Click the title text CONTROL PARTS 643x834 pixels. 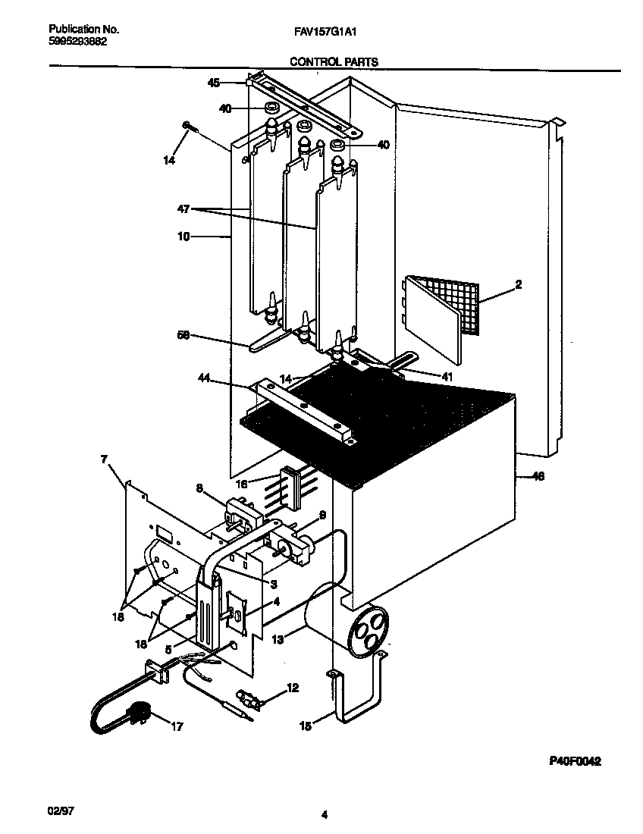click(334, 62)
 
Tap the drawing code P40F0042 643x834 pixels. click(575, 762)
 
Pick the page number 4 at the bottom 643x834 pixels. click(324, 815)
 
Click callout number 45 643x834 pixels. click(214, 83)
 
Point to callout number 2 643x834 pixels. click(518, 285)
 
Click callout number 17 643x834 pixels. click(177, 727)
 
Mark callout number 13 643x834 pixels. click(278, 641)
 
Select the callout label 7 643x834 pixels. click(104, 459)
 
